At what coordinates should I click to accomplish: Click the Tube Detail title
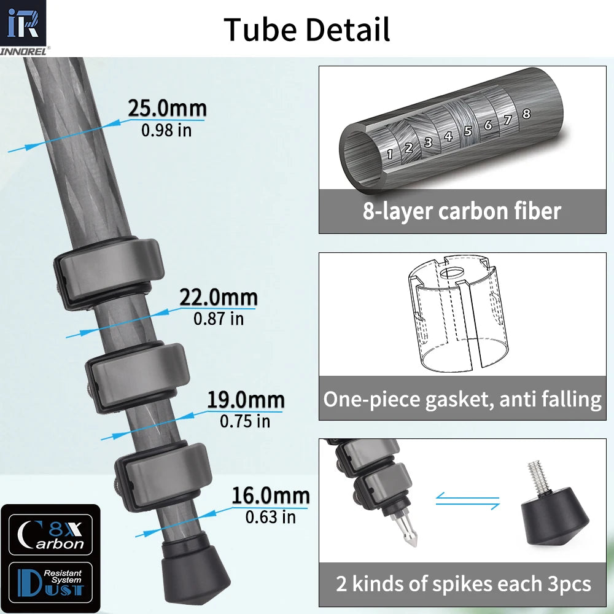pyautogui.click(x=307, y=29)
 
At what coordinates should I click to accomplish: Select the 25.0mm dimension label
pyautogui.click(x=166, y=109)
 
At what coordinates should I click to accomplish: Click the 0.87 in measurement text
pyautogui.click(x=219, y=319)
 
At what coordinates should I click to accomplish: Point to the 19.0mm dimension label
pyautogui.click(x=245, y=400)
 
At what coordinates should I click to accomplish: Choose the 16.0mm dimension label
pyautogui.click(x=270, y=496)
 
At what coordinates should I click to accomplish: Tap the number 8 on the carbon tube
pyautogui.click(x=526, y=114)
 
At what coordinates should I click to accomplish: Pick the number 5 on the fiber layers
pyautogui.click(x=468, y=131)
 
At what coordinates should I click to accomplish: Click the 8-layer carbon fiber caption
pyautogui.click(x=462, y=211)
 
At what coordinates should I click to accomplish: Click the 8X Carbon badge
pyautogui.click(x=51, y=535)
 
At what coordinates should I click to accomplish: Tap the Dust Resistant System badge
pyautogui.click(x=51, y=581)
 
